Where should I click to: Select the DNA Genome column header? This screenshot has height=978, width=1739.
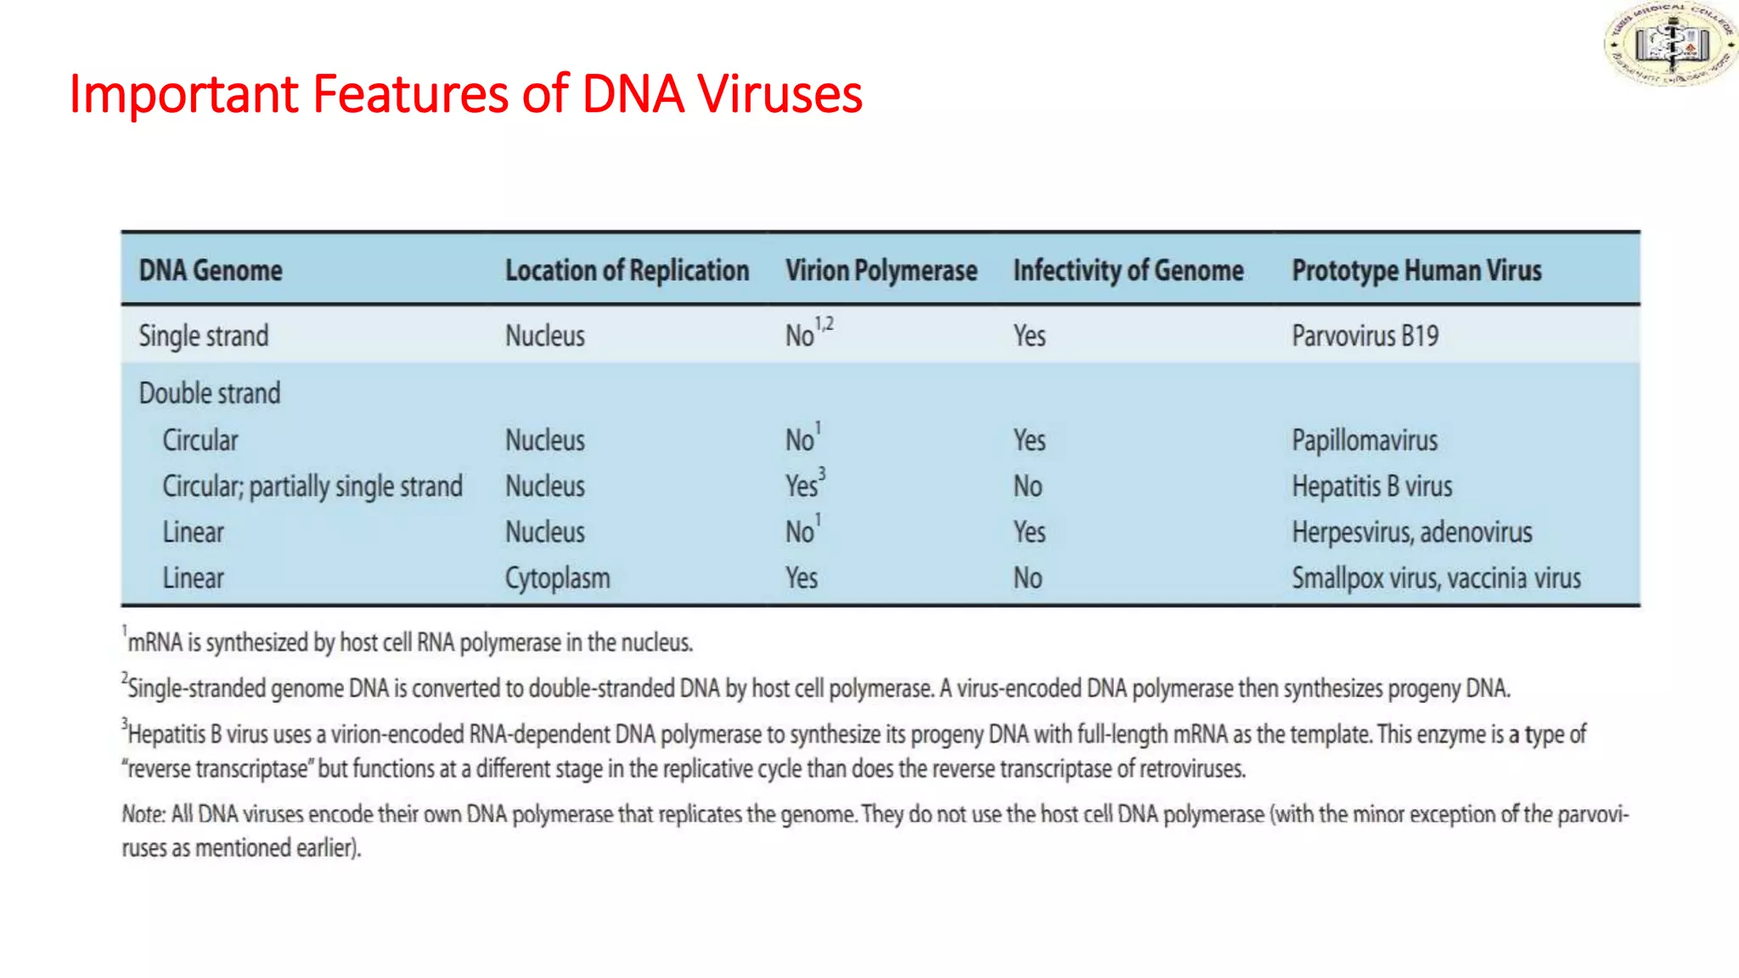211,270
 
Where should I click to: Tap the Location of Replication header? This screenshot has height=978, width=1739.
627,270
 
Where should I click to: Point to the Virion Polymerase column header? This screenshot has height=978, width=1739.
881,270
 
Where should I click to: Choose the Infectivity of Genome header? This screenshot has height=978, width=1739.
1128,270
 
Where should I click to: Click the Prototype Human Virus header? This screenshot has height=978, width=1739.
1416,270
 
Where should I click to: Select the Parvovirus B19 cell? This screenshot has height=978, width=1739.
1365,335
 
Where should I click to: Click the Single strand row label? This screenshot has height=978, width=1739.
204,335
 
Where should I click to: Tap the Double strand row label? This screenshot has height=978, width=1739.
210,393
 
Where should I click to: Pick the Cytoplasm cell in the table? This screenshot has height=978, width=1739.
557,578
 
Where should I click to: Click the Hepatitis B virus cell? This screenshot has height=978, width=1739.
1371,486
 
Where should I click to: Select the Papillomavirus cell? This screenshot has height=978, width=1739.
1365,440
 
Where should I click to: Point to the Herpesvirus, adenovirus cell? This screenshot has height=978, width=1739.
1411,532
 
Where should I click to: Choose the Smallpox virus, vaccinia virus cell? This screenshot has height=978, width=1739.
1436,578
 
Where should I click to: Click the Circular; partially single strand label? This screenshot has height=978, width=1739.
312,486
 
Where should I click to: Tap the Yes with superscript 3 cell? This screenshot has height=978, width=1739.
804,485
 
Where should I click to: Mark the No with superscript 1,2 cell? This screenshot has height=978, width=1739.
808,334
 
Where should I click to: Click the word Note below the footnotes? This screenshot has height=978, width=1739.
142,814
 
